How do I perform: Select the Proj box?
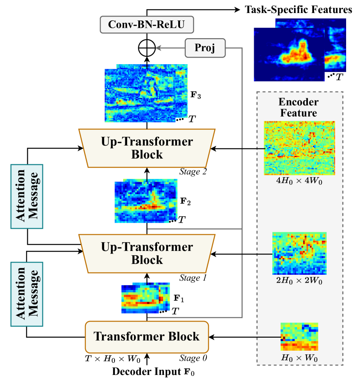[x=206, y=48]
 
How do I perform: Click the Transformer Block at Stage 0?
[x=147, y=337]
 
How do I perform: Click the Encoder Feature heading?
[x=298, y=108]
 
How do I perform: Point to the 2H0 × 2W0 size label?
[x=299, y=280]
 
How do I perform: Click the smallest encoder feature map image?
[x=299, y=336]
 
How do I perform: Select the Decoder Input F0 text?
[x=145, y=371]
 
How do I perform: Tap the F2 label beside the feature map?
[x=186, y=202]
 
